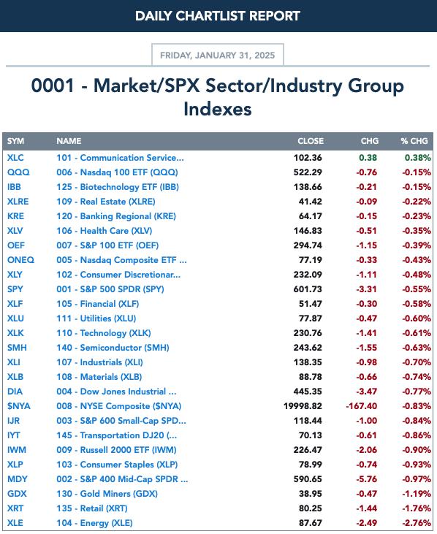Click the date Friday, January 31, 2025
pos(217,56)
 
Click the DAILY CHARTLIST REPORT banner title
pos(218,16)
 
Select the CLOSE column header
pos(311,141)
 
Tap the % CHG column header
pos(414,141)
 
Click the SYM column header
pos(15,141)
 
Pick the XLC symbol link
pos(15,158)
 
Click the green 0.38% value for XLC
pos(417,158)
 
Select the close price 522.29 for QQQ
pos(308,172)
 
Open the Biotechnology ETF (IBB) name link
pos(118,187)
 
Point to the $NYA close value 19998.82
pos(303,406)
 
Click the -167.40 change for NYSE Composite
pos(362,406)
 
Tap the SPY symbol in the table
pos(15,289)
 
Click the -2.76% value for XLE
pos(417,523)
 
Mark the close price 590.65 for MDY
pos(308,478)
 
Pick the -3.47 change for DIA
pos(367,392)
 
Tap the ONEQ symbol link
pos(20,260)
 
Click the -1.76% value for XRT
pos(417,508)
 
